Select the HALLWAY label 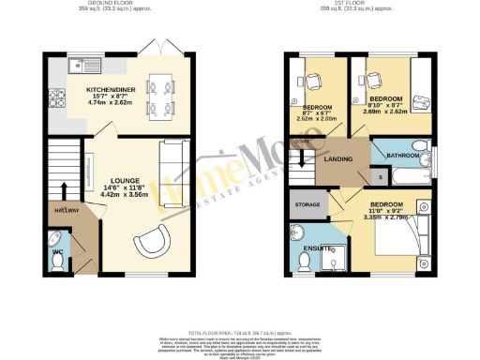point(67,211)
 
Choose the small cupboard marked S point(381,175)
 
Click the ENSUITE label point(319,248)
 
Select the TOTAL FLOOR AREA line point(240,334)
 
